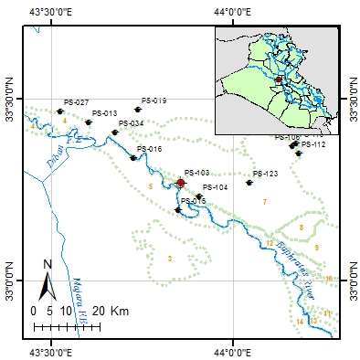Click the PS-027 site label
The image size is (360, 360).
point(77,102)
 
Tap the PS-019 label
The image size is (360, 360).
point(154,100)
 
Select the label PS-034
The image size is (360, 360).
point(131,123)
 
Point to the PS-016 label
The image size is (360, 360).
point(149,149)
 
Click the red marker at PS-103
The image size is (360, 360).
point(181,183)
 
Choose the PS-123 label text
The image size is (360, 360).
point(265,174)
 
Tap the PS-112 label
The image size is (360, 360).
point(312,144)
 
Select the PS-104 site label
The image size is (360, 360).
point(216,187)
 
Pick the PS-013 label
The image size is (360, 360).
point(105,113)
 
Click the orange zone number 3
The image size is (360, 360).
point(170,259)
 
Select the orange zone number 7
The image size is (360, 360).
point(264,201)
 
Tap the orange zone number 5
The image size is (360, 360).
point(150,186)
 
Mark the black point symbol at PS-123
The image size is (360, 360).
point(249,183)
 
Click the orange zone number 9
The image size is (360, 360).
point(316,248)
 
